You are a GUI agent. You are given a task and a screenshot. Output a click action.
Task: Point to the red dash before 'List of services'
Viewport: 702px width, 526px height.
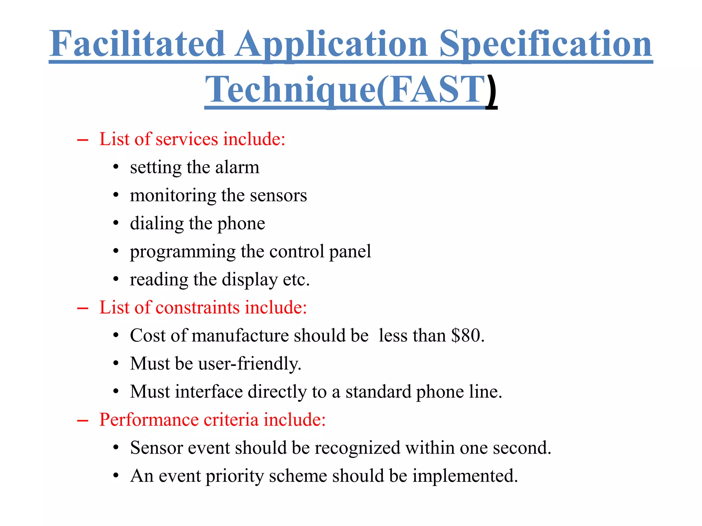[x=83, y=140]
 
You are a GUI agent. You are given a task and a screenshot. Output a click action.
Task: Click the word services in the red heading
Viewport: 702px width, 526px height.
[x=187, y=139]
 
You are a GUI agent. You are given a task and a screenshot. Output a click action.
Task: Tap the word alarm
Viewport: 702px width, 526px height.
[x=237, y=167]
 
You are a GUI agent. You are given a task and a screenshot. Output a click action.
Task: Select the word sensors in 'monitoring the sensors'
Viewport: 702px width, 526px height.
[x=278, y=195]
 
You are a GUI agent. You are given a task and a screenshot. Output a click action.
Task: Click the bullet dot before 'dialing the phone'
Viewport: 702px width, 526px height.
[x=116, y=223]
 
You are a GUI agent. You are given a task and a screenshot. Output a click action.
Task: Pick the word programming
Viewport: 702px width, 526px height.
[x=183, y=252]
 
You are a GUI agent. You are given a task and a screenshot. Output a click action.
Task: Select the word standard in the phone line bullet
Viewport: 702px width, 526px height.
[x=378, y=391]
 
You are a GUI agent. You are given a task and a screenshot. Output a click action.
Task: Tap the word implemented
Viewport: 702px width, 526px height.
[x=465, y=476]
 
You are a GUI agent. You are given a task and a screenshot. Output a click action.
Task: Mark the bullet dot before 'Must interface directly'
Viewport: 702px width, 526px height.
[x=116, y=391]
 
